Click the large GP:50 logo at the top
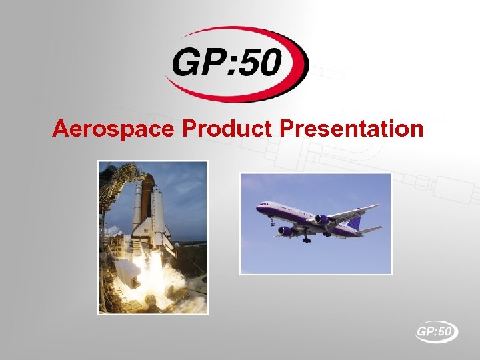pos(237,63)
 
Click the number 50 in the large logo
pos(269,65)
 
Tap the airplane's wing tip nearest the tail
pos(377,207)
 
